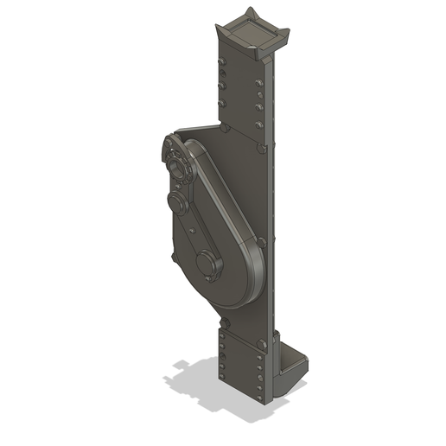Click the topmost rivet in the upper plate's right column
click(x=259, y=82)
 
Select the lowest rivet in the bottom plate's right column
click(x=259, y=389)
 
